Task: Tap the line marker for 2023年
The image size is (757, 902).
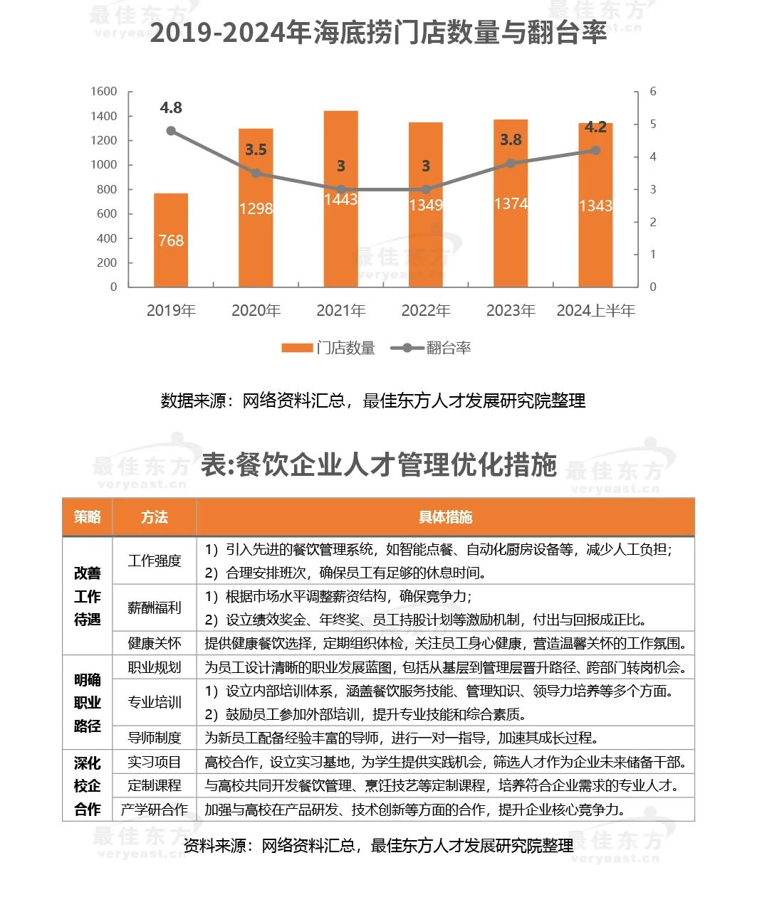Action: pyautogui.click(x=511, y=163)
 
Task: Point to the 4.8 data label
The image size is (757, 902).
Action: pyautogui.click(x=171, y=107)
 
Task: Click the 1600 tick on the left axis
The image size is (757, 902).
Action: pyautogui.click(x=104, y=92)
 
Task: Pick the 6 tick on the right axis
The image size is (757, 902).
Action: pyautogui.click(x=653, y=92)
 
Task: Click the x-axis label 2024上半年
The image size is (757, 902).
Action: pyautogui.click(x=595, y=311)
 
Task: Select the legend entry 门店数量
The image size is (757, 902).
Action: pyautogui.click(x=328, y=348)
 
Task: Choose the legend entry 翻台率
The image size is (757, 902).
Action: pyautogui.click(x=437, y=348)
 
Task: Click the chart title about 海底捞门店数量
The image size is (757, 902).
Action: pyautogui.click(x=378, y=33)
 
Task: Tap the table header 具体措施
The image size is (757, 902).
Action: pyautogui.click(x=445, y=517)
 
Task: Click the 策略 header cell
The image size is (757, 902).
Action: pyautogui.click(x=87, y=517)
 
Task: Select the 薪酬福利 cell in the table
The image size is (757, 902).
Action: pyautogui.click(x=155, y=607)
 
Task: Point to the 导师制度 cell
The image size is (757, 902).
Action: pyautogui.click(x=155, y=738)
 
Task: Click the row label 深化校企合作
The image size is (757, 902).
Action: pyautogui.click(x=87, y=785)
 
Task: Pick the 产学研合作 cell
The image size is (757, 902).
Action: pyautogui.click(x=155, y=810)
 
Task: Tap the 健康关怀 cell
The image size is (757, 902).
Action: pyautogui.click(x=155, y=643)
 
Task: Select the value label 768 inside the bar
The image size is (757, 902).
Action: pyautogui.click(x=171, y=240)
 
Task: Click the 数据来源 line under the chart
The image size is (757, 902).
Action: pyautogui.click(x=373, y=400)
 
